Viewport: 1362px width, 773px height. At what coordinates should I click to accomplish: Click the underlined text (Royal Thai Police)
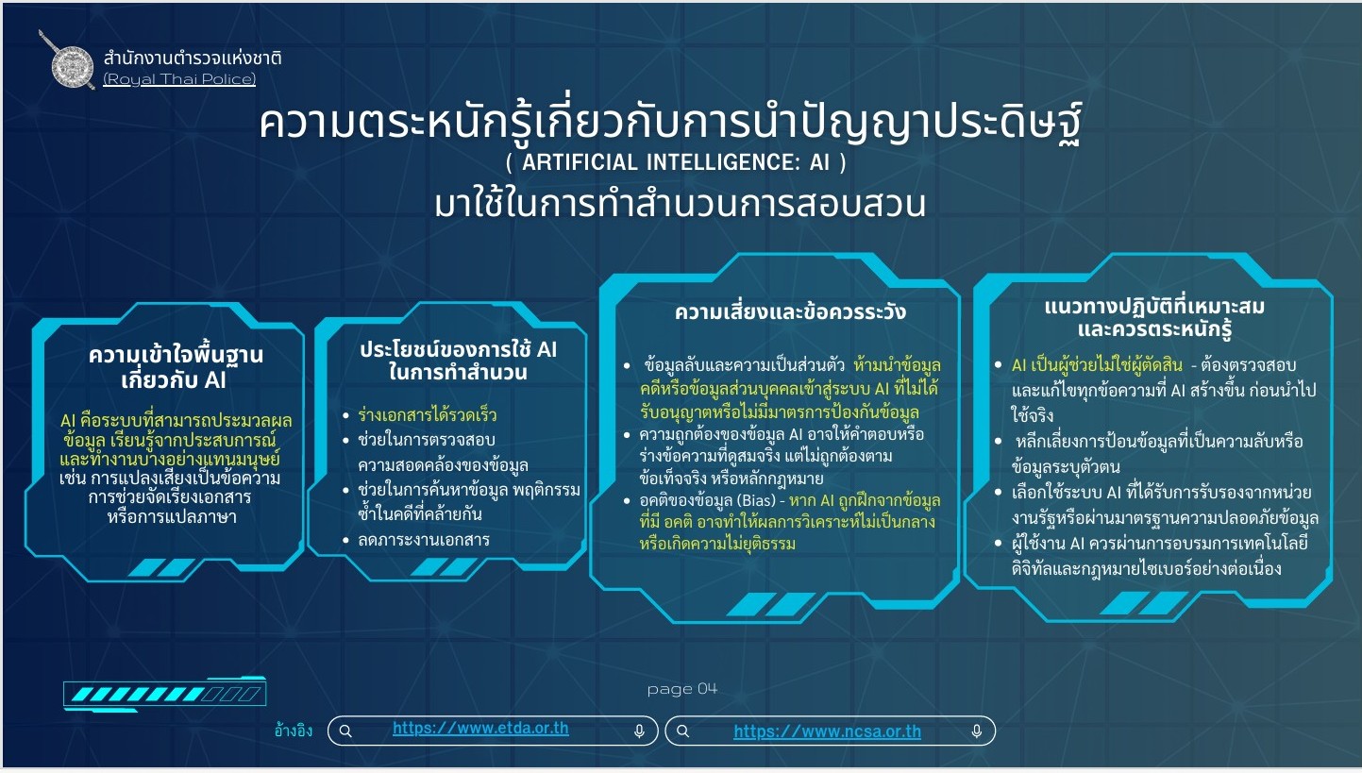pos(179,79)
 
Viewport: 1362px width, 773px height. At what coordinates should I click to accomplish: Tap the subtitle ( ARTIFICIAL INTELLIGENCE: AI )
pos(676,162)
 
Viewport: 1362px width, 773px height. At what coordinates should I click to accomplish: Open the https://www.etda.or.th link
pos(480,729)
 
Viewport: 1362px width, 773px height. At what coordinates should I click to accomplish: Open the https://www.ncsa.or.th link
pos(827,731)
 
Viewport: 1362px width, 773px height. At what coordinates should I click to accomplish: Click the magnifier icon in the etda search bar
pos(345,731)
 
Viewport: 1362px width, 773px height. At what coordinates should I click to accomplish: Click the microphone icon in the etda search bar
pos(639,731)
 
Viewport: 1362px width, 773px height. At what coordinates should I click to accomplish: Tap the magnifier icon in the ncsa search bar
pos(682,731)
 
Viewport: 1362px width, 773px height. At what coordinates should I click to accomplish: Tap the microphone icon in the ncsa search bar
pos(977,731)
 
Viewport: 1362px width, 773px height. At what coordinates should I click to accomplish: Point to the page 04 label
pos(682,689)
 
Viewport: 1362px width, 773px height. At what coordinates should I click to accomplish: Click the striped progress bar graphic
pos(165,694)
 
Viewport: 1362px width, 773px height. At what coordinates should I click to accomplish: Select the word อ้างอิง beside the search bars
pos(294,730)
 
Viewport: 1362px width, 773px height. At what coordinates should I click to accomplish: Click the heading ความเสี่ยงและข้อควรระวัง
pos(790,312)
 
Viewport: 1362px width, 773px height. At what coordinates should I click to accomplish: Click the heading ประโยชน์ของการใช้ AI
pos(458,350)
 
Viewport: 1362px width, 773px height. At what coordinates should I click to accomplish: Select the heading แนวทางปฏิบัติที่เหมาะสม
pos(1154,307)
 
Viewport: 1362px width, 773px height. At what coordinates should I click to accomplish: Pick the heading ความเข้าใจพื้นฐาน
pos(176,355)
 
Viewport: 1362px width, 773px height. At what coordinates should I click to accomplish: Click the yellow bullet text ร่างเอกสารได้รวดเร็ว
pos(427,415)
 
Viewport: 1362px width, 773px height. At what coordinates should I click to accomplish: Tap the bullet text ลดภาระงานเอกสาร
pos(424,540)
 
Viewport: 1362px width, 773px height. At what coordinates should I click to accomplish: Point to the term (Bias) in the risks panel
pos(756,501)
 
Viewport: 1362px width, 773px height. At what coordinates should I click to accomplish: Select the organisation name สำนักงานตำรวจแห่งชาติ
pos(193,59)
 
